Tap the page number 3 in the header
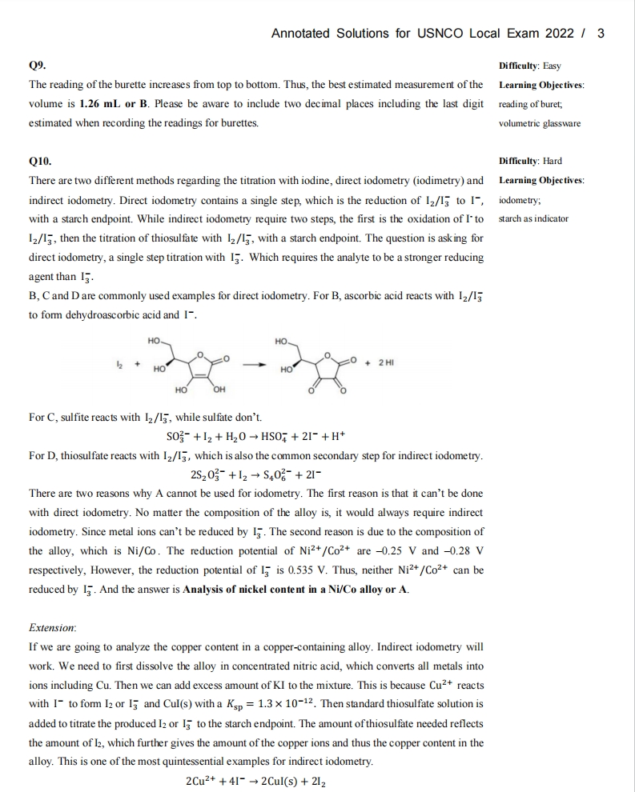(x=601, y=33)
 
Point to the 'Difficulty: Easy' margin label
(x=534, y=66)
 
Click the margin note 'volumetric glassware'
(x=539, y=123)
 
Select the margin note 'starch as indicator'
(x=533, y=218)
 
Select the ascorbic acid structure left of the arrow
(x=188, y=366)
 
